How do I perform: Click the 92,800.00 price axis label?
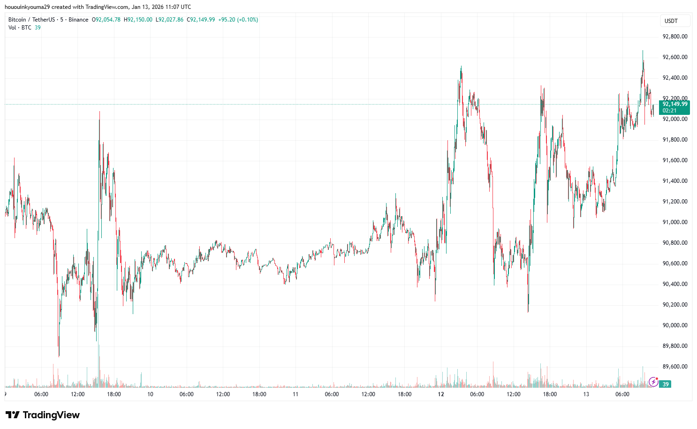(x=674, y=37)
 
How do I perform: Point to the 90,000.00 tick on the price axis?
(x=674, y=325)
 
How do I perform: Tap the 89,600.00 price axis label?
(x=674, y=367)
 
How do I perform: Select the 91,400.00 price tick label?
(x=674, y=181)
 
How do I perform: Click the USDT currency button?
(x=671, y=21)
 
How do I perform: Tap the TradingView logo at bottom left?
(x=43, y=415)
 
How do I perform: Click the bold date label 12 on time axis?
(x=441, y=394)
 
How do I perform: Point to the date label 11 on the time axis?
(x=295, y=394)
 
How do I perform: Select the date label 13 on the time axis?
(x=586, y=394)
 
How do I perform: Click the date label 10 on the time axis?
(x=150, y=394)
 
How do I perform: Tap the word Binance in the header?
(x=78, y=20)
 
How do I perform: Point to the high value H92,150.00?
(x=138, y=20)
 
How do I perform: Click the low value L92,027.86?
(x=170, y=20)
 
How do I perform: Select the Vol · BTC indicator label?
(x=20, y=28)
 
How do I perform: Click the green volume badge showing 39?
(x=665, y=384)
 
